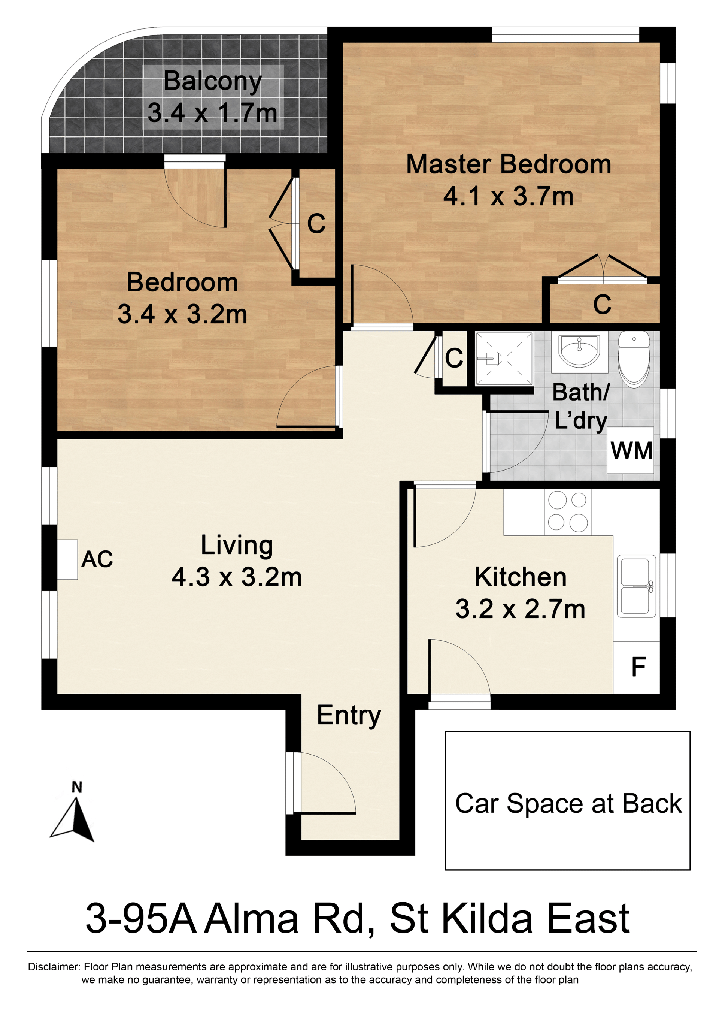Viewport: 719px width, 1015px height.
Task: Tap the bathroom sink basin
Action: (580, 350)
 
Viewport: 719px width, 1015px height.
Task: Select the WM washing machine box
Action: (631, 450)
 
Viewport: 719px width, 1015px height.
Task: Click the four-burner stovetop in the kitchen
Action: (568, 512)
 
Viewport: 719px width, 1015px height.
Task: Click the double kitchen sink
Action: (636, 586)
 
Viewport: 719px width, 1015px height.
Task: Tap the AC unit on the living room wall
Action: (67, 559)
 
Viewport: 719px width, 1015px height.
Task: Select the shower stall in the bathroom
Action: (504, 358)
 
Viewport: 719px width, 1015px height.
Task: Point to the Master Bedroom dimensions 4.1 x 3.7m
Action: (508, 196)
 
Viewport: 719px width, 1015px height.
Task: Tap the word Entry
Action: (349, 716)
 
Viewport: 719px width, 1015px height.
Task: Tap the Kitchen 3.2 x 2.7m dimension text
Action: (520, 609)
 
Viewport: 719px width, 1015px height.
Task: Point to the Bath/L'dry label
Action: (581, 406)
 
